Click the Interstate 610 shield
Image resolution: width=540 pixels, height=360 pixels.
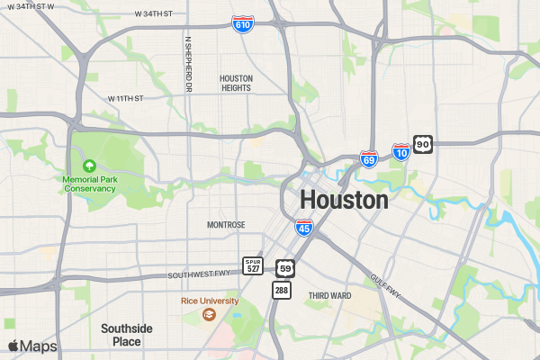[242, 24]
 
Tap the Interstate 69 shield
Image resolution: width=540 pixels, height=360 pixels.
[369, 159]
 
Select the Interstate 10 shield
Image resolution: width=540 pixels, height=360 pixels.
[401, 153]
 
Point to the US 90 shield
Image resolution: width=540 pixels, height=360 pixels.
[424, 144]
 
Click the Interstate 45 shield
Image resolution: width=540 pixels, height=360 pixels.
[304, 228]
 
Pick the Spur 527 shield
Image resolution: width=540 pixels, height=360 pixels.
[254, 265]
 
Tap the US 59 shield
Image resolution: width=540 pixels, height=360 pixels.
[285, 267]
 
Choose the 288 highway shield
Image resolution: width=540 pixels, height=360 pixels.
[282, 290]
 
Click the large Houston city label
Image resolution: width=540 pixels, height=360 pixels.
[345, 200]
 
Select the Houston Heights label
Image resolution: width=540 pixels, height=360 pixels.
[237, 83]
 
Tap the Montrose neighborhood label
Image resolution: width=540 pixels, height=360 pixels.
[226, 225]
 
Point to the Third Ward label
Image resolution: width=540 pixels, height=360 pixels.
[329, 295]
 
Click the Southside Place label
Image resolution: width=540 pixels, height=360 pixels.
[127, 335]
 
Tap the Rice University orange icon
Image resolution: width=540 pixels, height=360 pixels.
[209, 314]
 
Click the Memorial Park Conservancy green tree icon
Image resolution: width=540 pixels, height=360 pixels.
[89, 166]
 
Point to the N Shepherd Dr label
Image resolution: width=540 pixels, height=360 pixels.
[189, 64]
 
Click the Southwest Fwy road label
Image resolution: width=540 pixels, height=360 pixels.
[200, 274]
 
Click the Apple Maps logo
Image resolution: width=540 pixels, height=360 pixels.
[32, 346]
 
